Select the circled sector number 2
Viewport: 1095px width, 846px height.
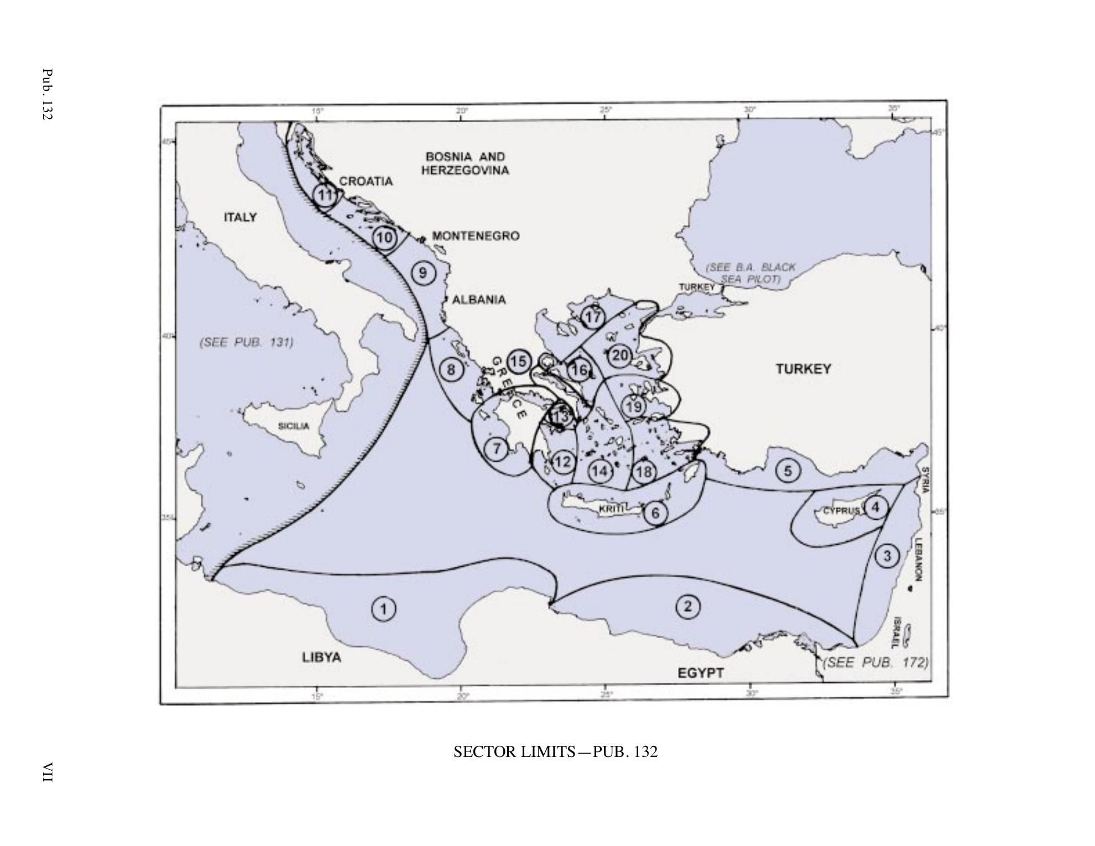(x=688, y=606)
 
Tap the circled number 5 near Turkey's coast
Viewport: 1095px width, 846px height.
(x=788, y=471)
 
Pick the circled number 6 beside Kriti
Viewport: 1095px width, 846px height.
(x=655, y=513)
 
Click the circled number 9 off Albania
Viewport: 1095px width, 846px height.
(x=423, y=273)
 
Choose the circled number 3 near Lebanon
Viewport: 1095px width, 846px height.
(x=887, y=555)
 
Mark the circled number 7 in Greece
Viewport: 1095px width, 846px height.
(x=497, y=448)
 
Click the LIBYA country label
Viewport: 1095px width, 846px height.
(x=321, y=657)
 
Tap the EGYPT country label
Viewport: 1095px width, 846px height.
(x=701, y=673)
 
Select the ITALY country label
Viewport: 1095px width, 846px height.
(x=240, y=217)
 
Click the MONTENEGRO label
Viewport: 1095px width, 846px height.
(x=476, y=236)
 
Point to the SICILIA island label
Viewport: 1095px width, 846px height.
(x=294, y=426)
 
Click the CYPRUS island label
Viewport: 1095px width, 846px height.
(x=841, y=510)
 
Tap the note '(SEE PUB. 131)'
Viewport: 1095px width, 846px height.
(x=246, y=342)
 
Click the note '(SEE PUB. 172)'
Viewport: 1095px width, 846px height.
(x=876, y=662)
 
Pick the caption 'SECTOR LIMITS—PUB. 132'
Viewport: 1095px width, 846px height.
(x=555, y=752)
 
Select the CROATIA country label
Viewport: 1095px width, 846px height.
(x=366, y=181)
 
